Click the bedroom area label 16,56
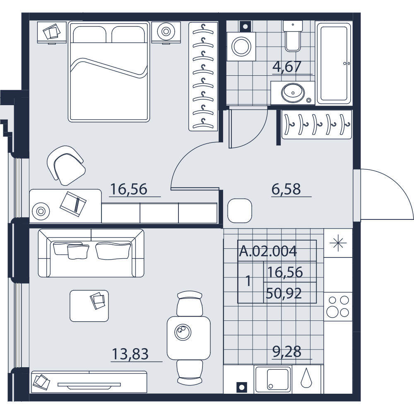pyautogui.click(x=128, y=189)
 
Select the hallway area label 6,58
pyautogui.click(x=286, y=189)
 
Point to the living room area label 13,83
pyautogui.click(x=130, y=354)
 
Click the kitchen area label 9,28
pyautogui.click(x=287, y=351)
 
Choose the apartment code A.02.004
pyautogui.click(x=268, y=251)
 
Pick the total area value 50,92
pyautogui.click(x=284, y=293)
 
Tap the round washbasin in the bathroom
pyautogui.click(x=293, y=93)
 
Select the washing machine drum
pyautogui.click(x=241, y=46)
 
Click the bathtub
pyautogui.click(x=334, y=63)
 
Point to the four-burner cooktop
pyautogui.click(x=338, y=306)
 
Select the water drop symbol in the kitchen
pyautogui.click(x=306, y=378)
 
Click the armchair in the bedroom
pyautogui.click(x=66, y=165)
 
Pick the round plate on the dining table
pyautogui.click(x=183, y=332)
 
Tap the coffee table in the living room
pyautogui.click(x=89, y=306)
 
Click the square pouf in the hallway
pyautogui.click(x=240, y=211)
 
